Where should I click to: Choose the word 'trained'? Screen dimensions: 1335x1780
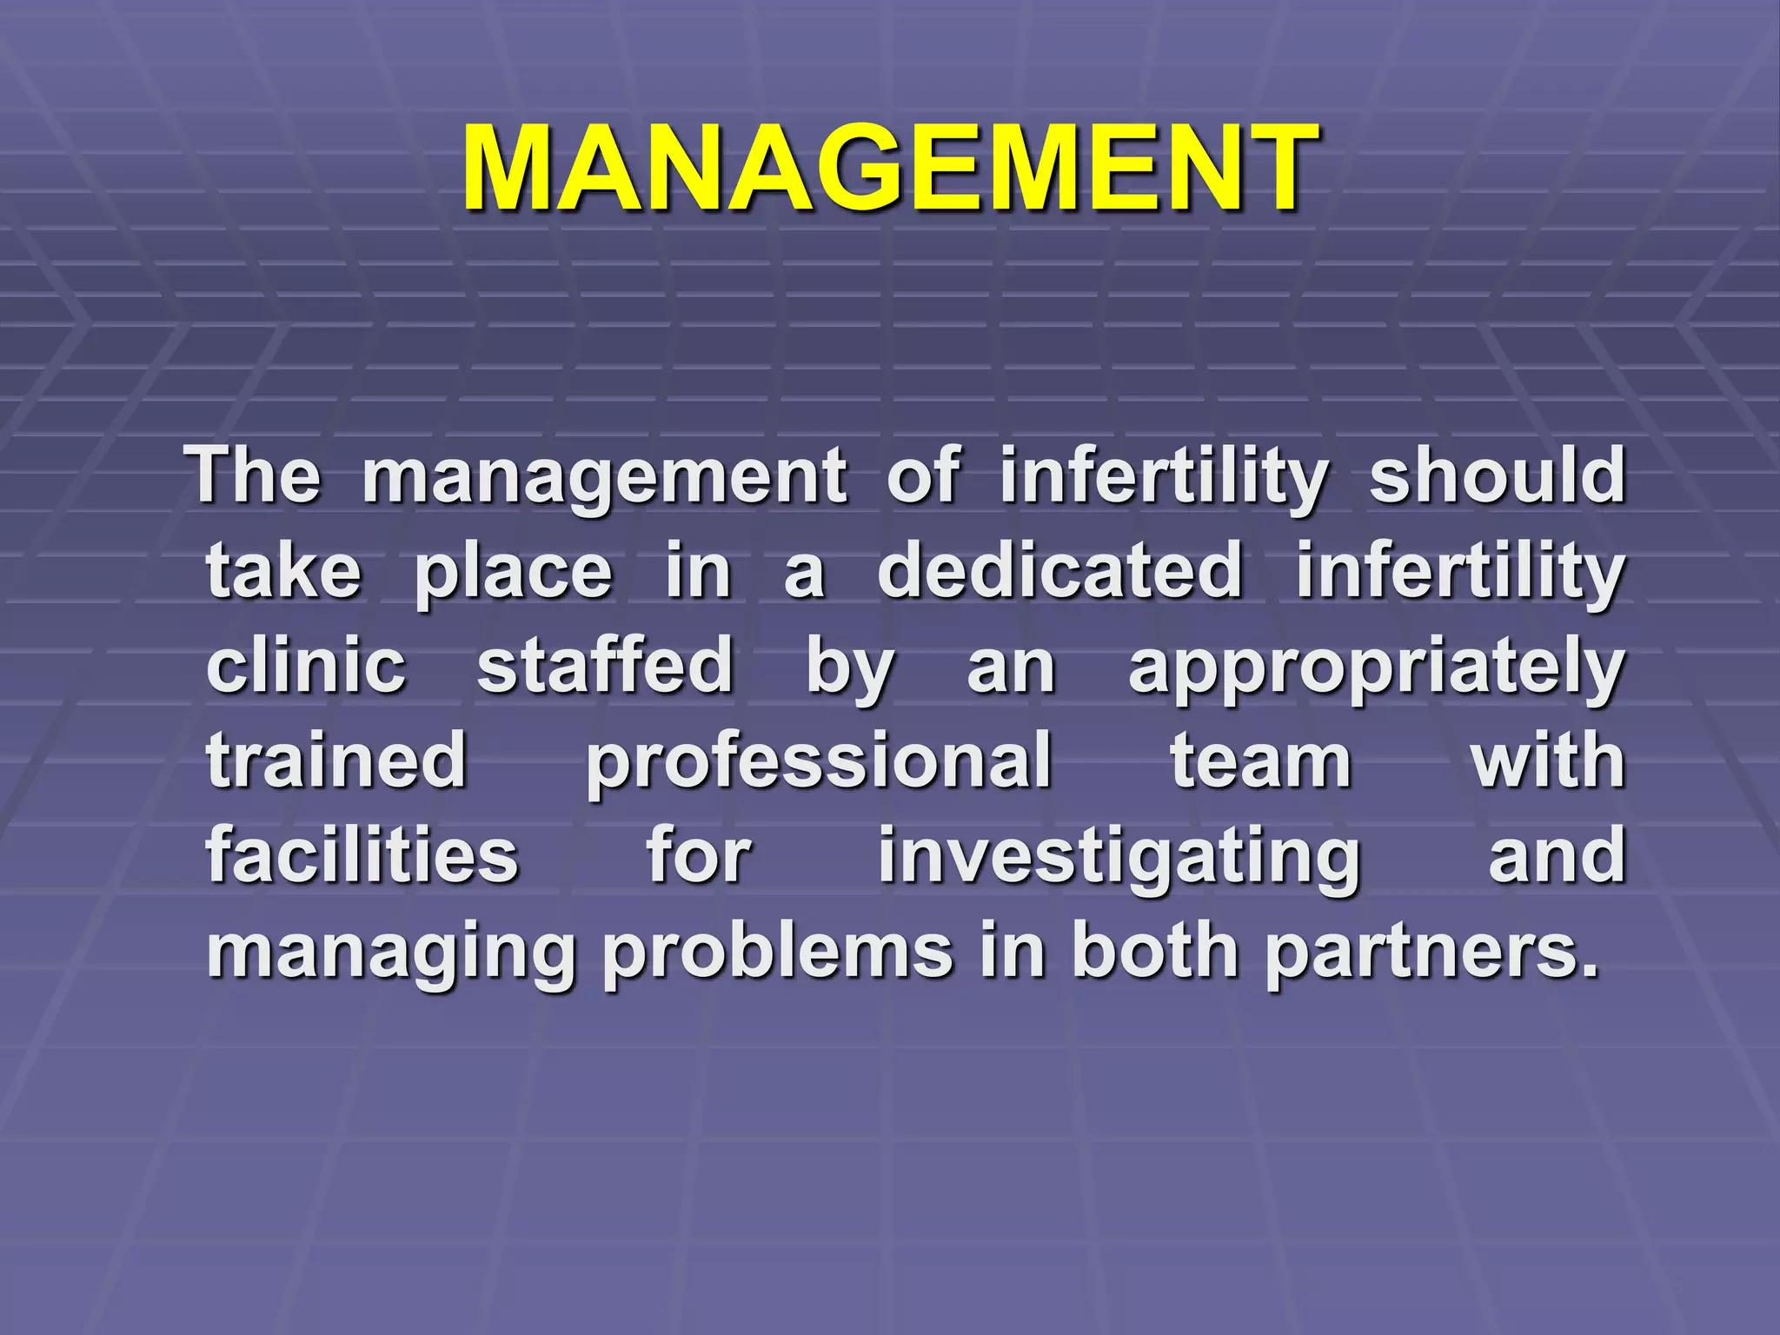coord(337,760)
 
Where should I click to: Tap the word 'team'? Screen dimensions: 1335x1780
coord(1261,760)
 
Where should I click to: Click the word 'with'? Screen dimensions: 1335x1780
coord(1547,760)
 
